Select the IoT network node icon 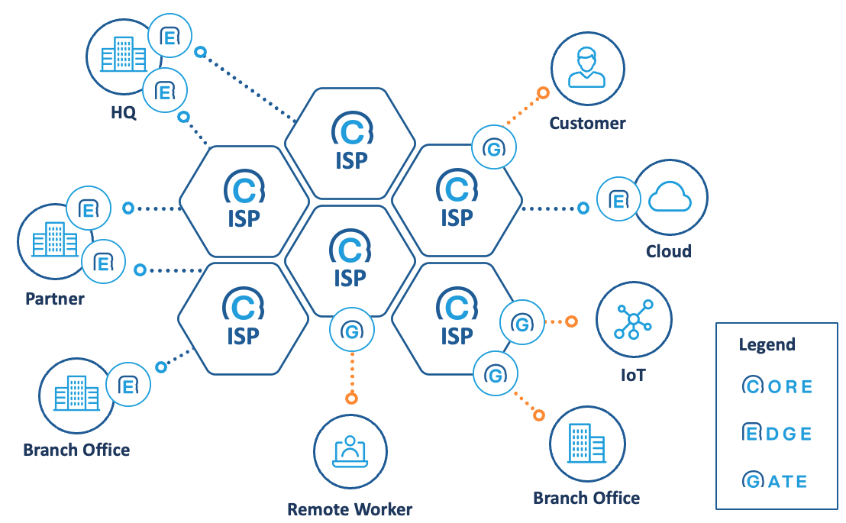[x=634, y=320]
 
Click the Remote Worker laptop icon [x=350, y=450]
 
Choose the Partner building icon [x=54, y=240]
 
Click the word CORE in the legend [x=777, y=386]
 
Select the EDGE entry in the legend [x=777, y=433]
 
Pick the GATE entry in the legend [x=774, y=481]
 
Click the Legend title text [x=767, y=344]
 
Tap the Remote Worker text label [x=350, y=509]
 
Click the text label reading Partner [x=54, y=298]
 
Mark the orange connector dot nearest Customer [x=543, y=93]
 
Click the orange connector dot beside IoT [x=571, y=322]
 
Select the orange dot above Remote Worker [x=351, y=398]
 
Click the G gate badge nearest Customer [x=494, y=148]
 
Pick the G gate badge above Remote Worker [x=351, y=331]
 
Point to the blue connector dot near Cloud [x=583, y=208]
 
